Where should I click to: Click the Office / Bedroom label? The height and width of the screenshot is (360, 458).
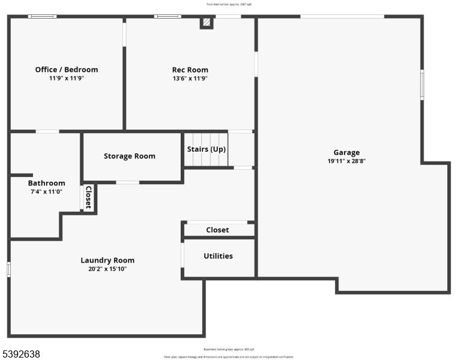[x=66, y=70]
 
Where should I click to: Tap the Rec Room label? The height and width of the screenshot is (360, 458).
[x=190, y=70]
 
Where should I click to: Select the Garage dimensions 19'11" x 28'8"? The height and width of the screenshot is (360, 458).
[x=346, y=161]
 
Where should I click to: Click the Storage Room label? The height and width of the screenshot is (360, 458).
[x=129, y=156]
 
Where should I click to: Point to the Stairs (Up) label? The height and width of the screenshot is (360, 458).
[x=206, y=149]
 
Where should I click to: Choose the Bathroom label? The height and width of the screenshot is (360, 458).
[x=46, y=183]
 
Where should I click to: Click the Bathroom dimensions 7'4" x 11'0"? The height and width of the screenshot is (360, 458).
[x=46, y=192]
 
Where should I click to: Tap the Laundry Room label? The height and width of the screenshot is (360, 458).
[x=107, y=260]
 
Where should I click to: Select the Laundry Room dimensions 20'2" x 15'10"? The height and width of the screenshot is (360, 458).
[x=107, y=269]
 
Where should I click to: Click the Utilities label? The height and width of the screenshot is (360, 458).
[x=218, y=256]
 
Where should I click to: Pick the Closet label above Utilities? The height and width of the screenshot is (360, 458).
[x=217, y=230]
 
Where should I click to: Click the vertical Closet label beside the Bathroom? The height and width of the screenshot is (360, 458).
[x=88, y=197]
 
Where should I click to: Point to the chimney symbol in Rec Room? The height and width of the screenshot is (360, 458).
[x=206, y=23]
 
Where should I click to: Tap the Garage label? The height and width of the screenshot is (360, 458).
[x=346, y=152]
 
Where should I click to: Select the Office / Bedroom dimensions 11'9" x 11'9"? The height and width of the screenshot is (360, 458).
[x=66, y=78]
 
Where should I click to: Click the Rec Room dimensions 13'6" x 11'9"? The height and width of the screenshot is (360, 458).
[x=190, y=78]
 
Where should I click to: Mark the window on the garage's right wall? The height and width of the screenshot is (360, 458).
[x=422, y=84]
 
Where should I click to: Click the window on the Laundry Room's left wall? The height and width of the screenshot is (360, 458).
[x=9, y=269]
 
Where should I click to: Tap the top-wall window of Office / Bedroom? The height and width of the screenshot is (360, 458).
[x=42, y=16]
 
